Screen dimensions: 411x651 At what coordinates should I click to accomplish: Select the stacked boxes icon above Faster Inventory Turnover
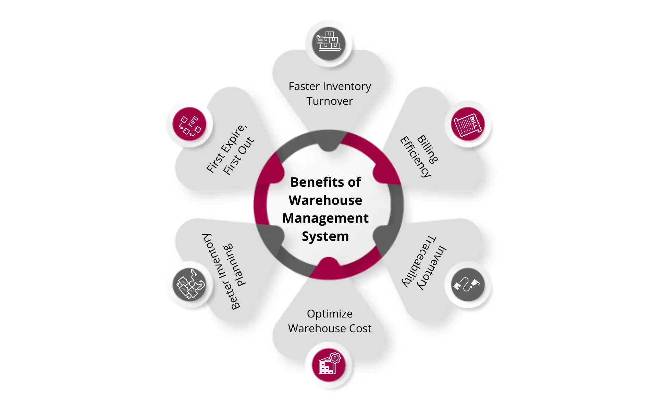329,43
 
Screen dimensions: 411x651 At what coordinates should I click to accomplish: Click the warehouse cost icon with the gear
329,365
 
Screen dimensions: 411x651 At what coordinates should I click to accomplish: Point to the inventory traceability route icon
468,285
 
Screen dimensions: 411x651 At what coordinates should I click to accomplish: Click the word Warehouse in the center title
325,200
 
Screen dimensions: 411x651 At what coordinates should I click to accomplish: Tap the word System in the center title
325,236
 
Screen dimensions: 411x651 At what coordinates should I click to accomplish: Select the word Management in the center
325,218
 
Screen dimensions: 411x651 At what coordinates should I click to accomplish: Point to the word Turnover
329,101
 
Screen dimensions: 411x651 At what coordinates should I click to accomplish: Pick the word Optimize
329,314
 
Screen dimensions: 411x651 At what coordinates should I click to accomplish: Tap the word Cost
360,328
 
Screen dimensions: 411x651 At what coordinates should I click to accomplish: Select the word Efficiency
416,157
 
